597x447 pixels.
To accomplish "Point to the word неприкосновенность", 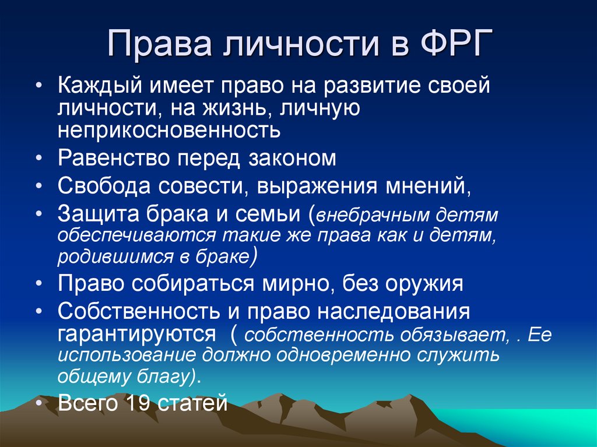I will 169,129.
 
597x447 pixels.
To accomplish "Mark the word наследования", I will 394,312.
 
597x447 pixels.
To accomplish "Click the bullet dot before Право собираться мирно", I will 38,285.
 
